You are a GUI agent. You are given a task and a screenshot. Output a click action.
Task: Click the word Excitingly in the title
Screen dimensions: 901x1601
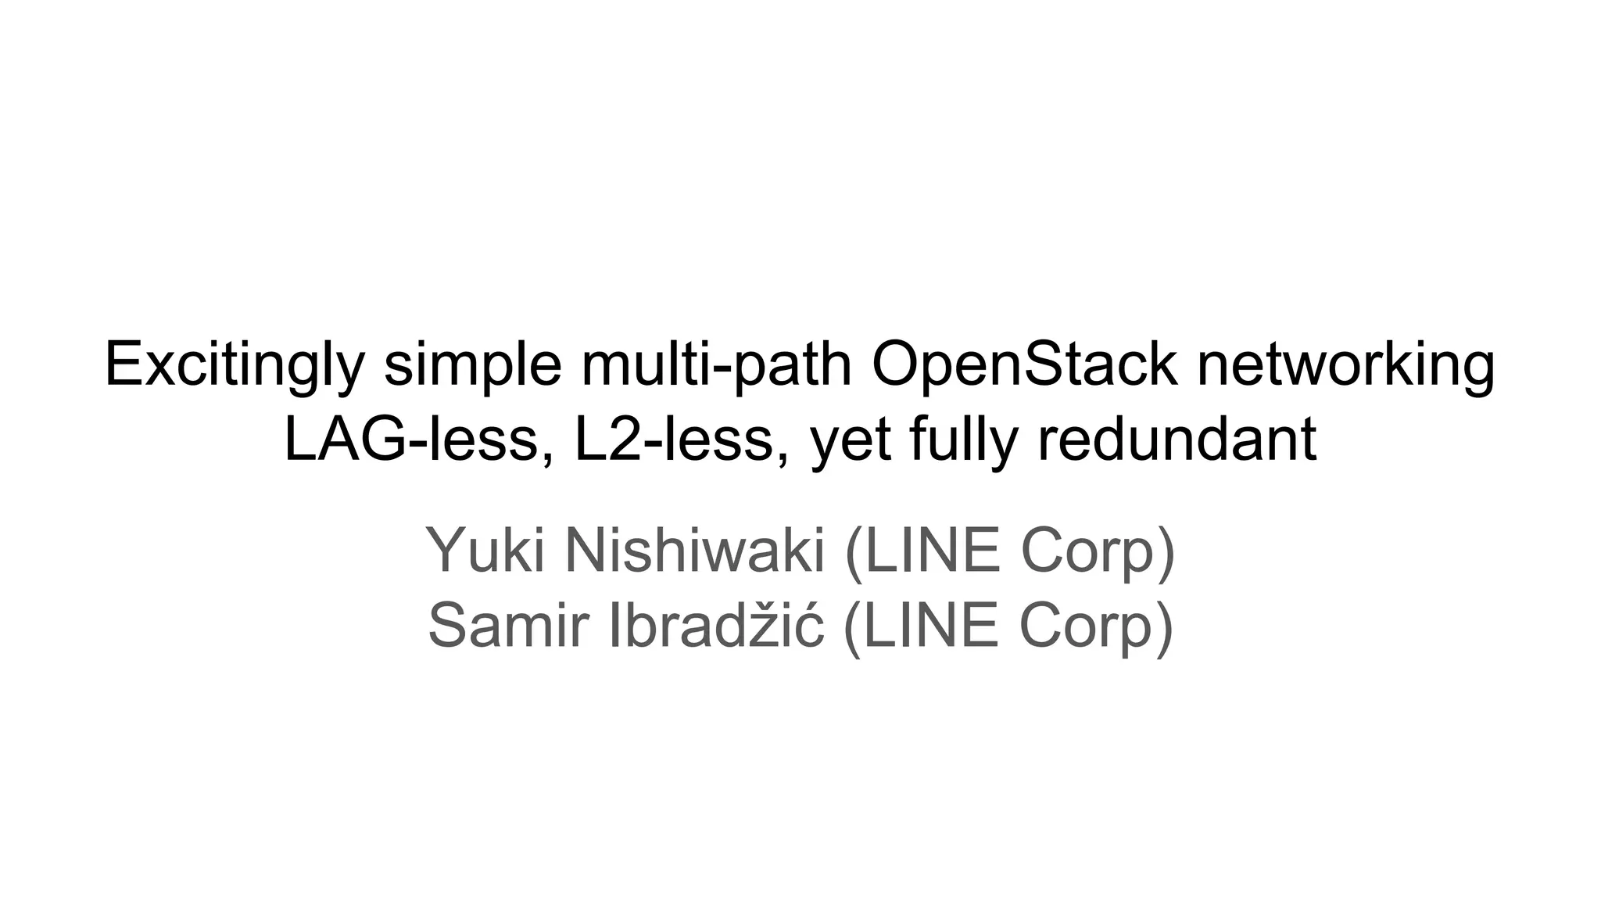coord(235,365)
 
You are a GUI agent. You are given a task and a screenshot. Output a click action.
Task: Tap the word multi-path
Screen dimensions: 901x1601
coord(716,365)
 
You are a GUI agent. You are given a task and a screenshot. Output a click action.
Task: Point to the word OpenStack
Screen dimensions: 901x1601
coord(1024,365)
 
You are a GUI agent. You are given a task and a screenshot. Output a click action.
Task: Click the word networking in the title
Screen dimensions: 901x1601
coord(1345,365)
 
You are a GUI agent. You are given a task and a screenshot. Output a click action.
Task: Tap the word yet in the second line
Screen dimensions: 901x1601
coord(851,440)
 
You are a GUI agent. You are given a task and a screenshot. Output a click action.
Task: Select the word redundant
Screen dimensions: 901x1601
coord(1177,439)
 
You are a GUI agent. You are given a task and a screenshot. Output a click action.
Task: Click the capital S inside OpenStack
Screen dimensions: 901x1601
coord(1047,365)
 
